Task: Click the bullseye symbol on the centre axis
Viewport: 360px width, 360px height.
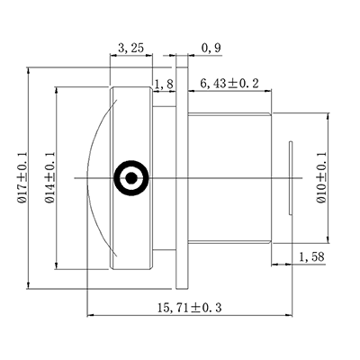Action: [x=131, y=178]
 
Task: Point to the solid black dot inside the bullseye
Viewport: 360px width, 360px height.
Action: [x=131, y=178]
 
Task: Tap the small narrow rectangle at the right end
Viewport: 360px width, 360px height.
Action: [x=290, y=178]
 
